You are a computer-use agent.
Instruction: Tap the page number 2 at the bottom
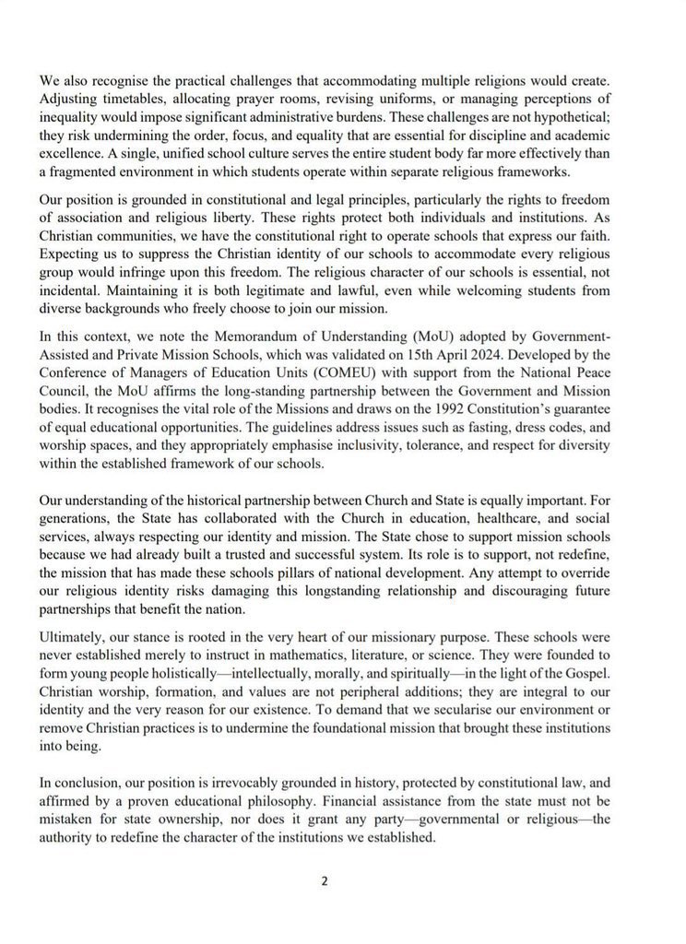[x=325, y=880]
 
